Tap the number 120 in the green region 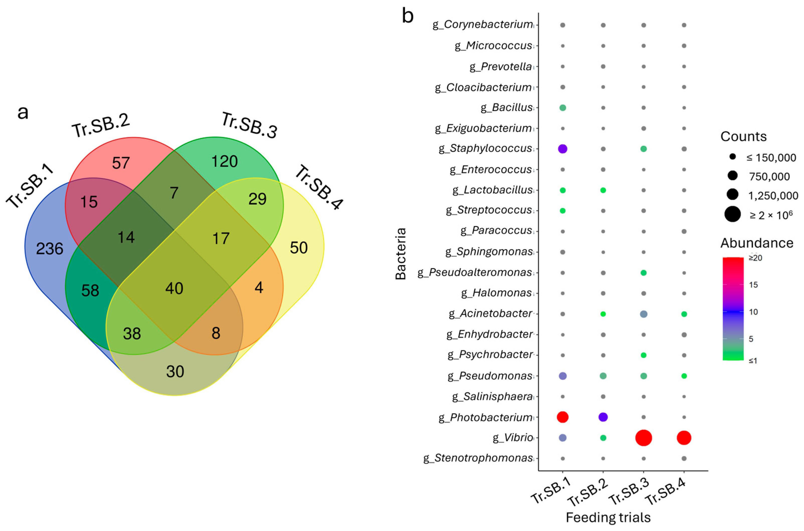224,161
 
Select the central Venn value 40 174,288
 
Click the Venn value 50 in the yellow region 299,248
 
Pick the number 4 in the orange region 259,287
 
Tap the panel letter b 408,16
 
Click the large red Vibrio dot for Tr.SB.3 643,438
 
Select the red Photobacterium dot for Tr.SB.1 562,417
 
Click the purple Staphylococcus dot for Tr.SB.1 562,149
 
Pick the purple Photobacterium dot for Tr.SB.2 603,417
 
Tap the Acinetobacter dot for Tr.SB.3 643,314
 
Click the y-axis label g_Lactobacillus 492,190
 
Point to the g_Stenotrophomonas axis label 478,458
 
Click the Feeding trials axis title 608,518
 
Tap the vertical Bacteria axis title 401,253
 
